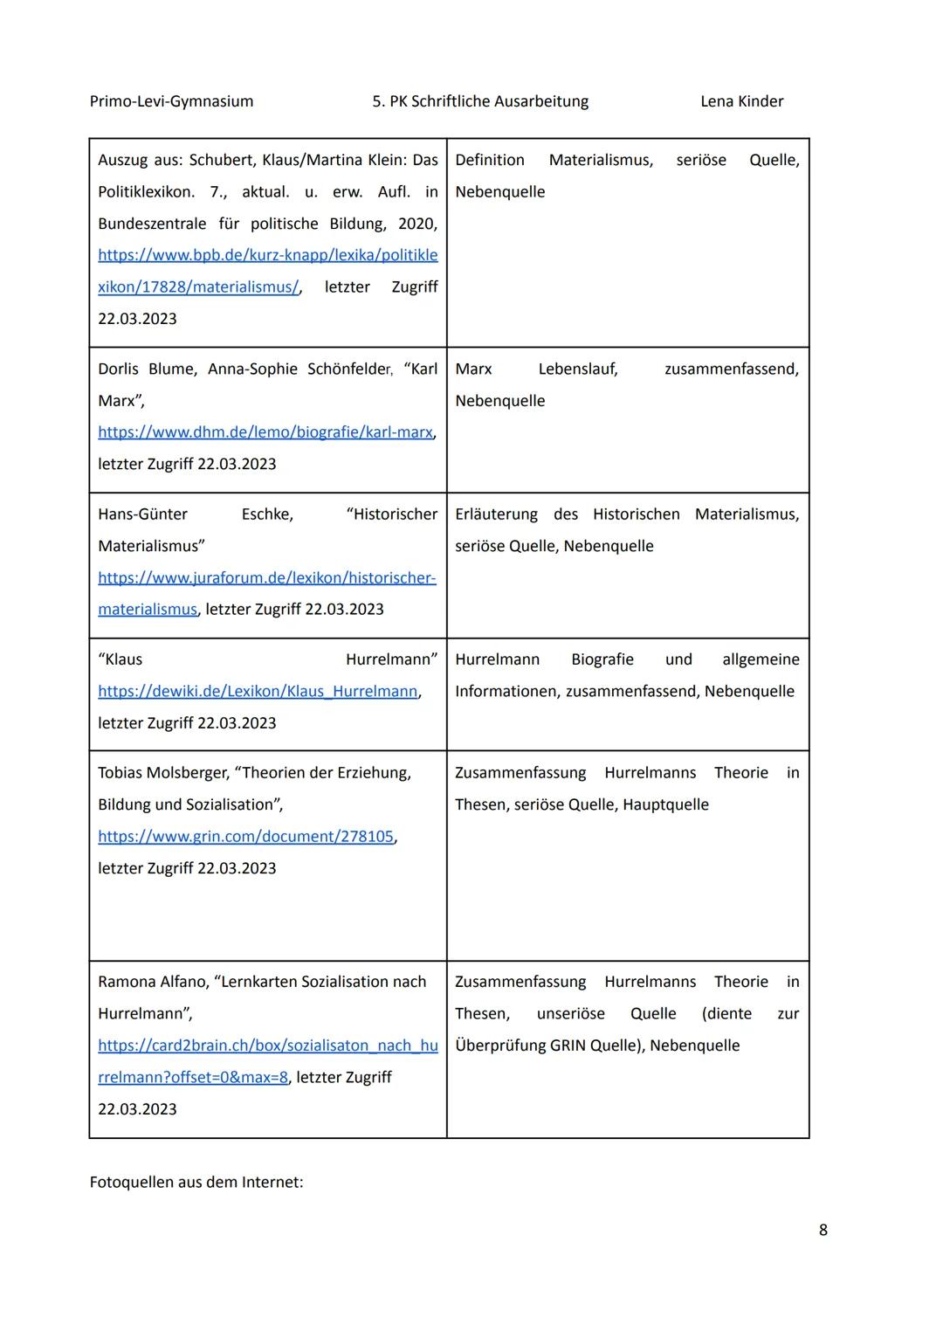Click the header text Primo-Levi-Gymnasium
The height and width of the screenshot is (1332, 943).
tap(171, 101)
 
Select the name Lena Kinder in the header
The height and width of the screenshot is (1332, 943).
tap(741, 101)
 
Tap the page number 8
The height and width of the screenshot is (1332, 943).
tap(823, 1230)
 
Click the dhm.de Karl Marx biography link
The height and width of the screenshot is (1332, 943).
tap(265, 432)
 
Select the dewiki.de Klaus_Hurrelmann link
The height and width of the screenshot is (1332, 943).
tap(258, 691)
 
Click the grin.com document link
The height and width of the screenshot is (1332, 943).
tap(245, 836)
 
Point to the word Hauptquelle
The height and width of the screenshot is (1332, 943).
tap(665, 804)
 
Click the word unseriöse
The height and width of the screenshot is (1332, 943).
tap(570, 1013)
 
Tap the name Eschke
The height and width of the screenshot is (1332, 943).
tap(266, 514)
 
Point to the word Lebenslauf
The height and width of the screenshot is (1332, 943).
tap(577, 369)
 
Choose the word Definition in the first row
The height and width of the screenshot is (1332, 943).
tap(489, 160)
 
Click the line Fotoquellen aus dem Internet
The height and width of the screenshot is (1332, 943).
tap(196, 1182)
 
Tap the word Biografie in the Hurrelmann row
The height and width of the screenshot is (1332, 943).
tap(602, 659)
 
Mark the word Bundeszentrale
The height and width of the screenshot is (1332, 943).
tap(152, 224)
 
